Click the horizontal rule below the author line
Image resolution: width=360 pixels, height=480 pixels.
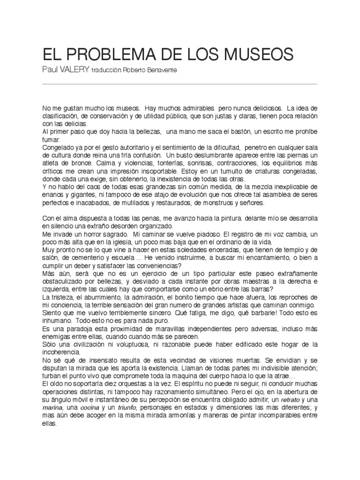coord(180,83)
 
